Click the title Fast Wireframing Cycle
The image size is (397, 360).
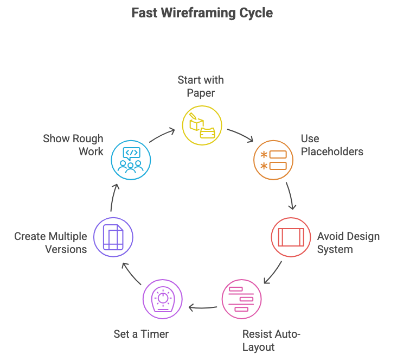(202, 13)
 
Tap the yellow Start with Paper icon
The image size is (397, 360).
(201, 125)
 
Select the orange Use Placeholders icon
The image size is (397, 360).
(273, 160)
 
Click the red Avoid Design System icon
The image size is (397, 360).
(291, 237)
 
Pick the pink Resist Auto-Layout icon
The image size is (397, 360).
(242, 299)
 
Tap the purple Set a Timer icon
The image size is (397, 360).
(162, 299)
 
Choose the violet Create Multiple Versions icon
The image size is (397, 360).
(113, 237)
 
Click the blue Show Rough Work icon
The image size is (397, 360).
(131, 160)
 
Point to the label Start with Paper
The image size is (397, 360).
(201, 86)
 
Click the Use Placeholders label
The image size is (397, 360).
(332, 145)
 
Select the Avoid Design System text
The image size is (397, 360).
(348, 243)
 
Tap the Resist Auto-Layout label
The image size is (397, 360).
(271, 340)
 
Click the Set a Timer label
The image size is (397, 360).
(141, 334)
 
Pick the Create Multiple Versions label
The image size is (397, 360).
(50, 243)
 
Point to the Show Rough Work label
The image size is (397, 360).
(73, 145)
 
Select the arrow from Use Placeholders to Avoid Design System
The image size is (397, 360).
(291, 195)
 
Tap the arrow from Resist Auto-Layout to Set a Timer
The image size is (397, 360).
(202, 308)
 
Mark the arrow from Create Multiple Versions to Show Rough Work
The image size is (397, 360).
(113, 197)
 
